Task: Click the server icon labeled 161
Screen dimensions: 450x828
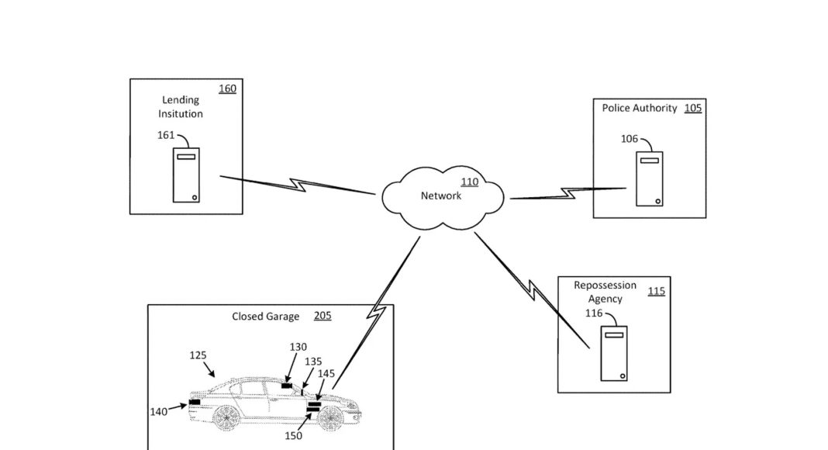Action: click(186, 175)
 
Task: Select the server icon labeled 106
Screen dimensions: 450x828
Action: click(649, 178)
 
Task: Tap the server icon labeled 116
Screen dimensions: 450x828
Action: click(614, 353)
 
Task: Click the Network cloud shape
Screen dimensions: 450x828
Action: click(443, 198)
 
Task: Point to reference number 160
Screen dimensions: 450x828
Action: click(227, 89)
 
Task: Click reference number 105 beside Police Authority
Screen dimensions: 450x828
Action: click(692, 109)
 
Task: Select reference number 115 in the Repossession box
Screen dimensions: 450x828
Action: click(656, 292)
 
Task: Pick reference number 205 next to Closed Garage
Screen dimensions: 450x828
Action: click(323, 317)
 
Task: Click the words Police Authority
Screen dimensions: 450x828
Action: click(640, 109)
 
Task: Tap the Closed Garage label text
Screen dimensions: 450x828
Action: click(266, 317)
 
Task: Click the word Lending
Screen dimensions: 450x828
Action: click(180, 100)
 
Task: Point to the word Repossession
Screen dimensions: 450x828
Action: click(605, 286)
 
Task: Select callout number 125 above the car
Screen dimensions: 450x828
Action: click(198, 355)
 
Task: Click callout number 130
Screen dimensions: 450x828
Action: click(298, 347)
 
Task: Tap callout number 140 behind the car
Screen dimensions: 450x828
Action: click(158, 412)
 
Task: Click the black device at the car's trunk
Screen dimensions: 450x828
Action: click(194, 402)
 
